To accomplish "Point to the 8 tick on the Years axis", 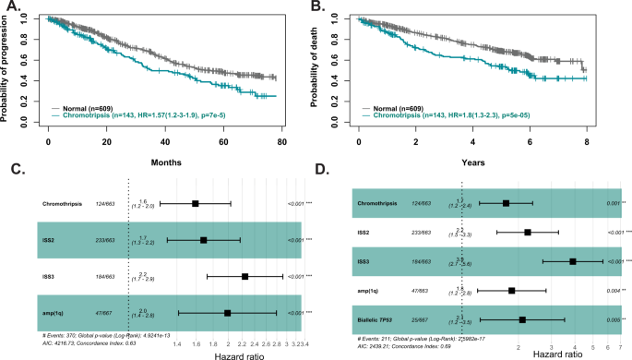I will [587, 144].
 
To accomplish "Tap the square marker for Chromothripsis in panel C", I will [195, 203].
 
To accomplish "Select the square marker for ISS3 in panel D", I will [573, 261].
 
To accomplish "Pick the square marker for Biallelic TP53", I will [522, 319].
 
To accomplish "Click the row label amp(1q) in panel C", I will [57, 312].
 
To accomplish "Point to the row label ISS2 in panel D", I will [366, 233].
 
